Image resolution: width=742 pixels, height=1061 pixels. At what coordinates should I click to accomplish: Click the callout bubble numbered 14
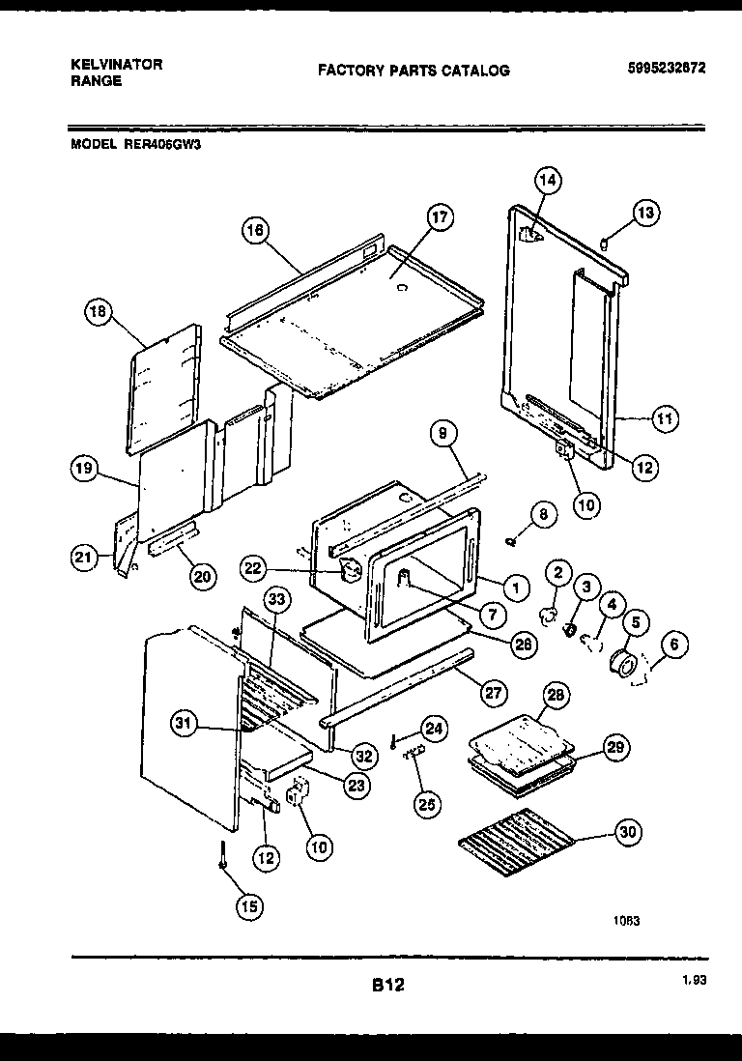tap(548, 181)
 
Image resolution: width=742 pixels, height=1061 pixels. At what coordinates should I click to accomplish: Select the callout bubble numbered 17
tap(439, 218)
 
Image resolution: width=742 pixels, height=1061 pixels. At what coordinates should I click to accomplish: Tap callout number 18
tap(98, 312)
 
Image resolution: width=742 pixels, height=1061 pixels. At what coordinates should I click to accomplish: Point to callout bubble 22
tap(253, 569)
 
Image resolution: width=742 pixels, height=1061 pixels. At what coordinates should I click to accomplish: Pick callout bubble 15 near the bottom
tap(249, 905)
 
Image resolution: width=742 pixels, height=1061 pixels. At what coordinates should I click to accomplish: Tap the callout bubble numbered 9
tap(442, 436)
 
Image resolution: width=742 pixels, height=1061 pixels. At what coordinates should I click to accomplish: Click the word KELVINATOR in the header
tap(117, 65)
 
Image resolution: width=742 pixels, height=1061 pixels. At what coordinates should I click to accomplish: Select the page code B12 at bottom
tap(386, 986)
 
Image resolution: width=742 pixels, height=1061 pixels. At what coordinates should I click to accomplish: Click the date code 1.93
tap(692, 980)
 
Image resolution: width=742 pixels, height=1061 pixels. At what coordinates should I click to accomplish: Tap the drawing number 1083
tap(626, 921)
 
